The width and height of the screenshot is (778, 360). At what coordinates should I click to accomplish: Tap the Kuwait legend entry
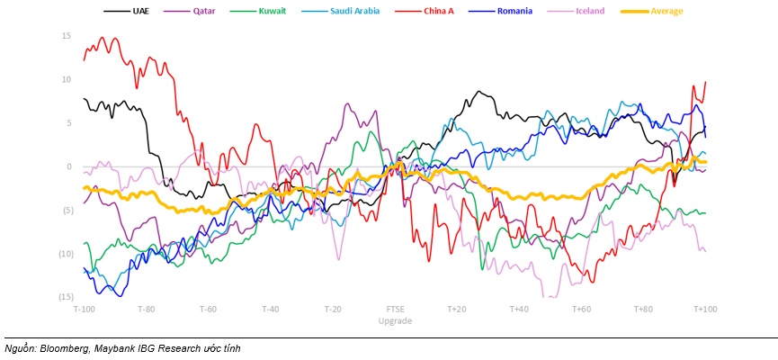270,12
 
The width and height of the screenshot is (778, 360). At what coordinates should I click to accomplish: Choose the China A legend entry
436,12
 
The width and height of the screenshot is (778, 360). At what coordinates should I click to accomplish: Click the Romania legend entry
514,12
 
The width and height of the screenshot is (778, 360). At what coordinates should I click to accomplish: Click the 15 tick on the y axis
67,36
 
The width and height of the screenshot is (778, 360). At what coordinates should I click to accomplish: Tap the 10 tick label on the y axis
67,79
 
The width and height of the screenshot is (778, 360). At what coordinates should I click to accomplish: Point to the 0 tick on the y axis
68,166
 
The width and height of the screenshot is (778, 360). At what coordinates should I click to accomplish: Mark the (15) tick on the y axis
66,297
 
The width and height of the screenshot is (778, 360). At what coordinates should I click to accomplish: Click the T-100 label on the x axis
84,309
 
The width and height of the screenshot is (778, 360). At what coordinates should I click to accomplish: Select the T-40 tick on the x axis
270,309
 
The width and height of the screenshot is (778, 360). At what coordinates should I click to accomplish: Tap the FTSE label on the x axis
396,309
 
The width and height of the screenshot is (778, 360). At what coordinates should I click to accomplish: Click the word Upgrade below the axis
396,320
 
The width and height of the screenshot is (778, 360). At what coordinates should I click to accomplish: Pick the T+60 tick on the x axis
581,309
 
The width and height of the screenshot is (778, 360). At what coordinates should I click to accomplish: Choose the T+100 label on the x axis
705,309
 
